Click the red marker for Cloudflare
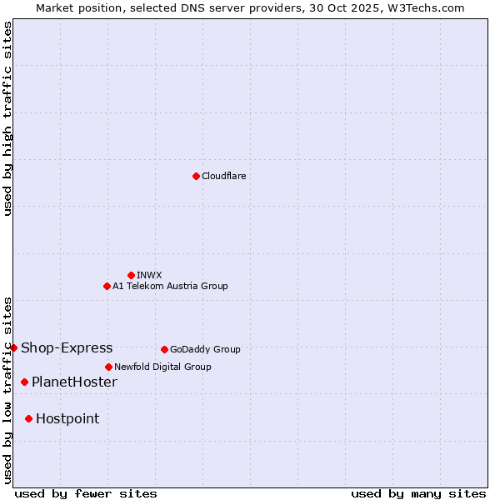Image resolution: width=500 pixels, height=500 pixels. coord(196,176)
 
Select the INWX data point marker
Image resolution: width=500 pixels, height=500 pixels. coord(131,275)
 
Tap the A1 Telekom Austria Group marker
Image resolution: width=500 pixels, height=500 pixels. coord(107,286)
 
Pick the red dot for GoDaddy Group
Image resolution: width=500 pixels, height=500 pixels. coord(164,349)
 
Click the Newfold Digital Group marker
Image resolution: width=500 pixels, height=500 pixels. coord(108,367)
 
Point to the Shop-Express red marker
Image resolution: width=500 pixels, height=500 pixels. coord(13,347)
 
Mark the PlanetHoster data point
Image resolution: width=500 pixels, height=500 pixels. coord(24,382)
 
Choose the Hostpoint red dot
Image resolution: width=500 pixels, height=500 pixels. coord(28,418)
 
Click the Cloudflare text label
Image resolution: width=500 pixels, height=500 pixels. coord(223,176)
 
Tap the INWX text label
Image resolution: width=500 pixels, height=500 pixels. coord(149,275)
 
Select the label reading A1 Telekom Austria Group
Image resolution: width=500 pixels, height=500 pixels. coord(170,286)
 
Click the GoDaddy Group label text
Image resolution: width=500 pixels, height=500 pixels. coord(205,349)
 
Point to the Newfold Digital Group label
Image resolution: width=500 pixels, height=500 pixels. coord(162,367)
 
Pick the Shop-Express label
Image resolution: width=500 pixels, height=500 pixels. coord(67,347)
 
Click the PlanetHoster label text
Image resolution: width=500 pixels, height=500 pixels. coord(74,382)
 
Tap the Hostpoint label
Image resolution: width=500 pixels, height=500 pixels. coord(67,418)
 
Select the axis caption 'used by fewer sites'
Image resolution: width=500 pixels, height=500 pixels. coord(86,493)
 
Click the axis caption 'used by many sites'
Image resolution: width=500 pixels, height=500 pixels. coord(418,493)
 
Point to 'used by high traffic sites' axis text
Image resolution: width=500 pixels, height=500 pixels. coord(7,118)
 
